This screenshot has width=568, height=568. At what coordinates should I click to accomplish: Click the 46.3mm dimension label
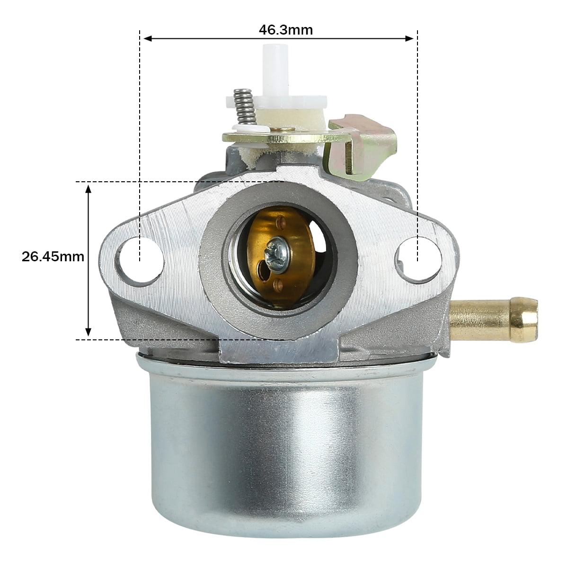(285, 30)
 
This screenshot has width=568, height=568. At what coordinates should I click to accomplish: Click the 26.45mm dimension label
(53, 257)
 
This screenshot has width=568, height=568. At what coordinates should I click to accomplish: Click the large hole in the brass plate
(261, 270)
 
